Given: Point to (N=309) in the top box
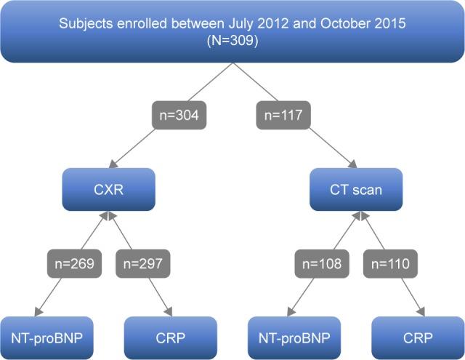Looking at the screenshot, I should pos(232,41).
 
